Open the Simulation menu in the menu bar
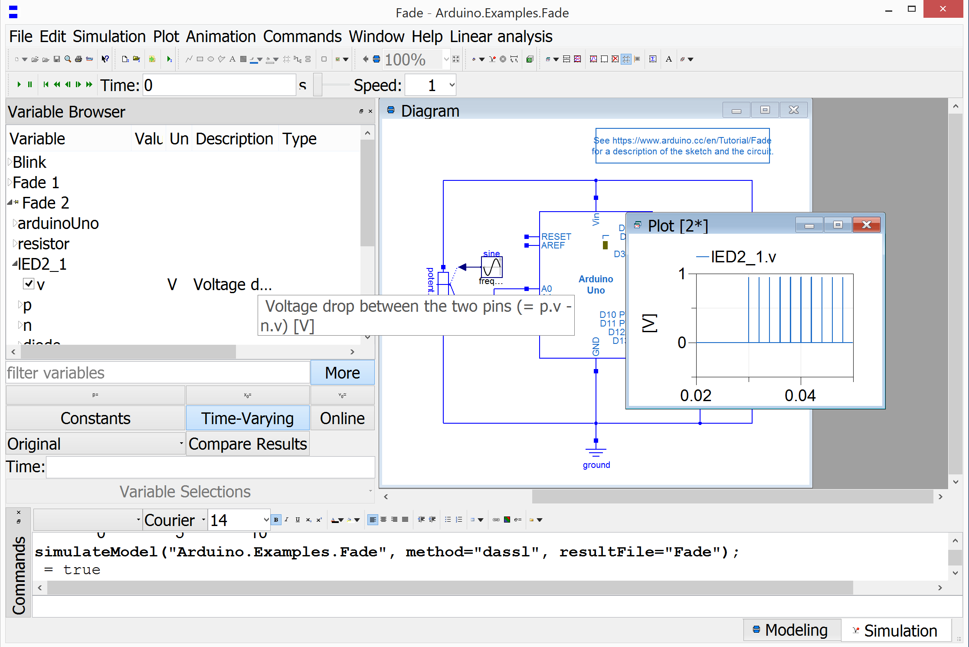(x=109, y=37)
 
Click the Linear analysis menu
(x=501, y=37)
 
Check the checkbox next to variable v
(x=29, y=284)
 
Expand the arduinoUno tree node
(x=15, y=223)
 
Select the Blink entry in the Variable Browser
(x=29, y=162)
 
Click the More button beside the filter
(x=342, y=373)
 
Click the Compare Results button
(x=248, y=444)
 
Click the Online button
(x=342, y=418)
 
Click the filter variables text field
(x=157, y=373)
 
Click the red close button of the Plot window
(x=866, y=225)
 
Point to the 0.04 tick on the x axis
(x=800, y=395)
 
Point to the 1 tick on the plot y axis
(x=682, y=274)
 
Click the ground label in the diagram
(x=596, y=465)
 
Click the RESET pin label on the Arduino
(x=556, y=237)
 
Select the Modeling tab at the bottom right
(x=791, y=630)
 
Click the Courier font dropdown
(x=175, y=520)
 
